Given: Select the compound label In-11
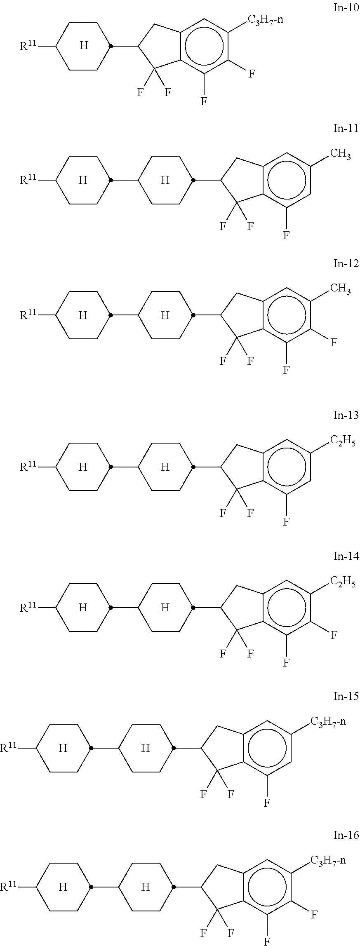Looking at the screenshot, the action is [346, 128].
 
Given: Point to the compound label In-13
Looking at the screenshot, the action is [346, 415].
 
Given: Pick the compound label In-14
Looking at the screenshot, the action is [346, 556].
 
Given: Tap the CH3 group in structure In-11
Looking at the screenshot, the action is [341, 155].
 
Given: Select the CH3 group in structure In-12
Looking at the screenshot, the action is [341, 289].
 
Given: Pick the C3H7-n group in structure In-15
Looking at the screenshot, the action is [328, 721].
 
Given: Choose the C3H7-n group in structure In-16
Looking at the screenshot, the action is [328, 860].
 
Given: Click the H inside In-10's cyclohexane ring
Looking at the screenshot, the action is [84, 45].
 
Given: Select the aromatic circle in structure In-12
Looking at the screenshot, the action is [287, 315].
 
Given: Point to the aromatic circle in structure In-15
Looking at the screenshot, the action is [267, 748].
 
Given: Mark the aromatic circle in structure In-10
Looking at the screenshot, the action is [204, 46].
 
